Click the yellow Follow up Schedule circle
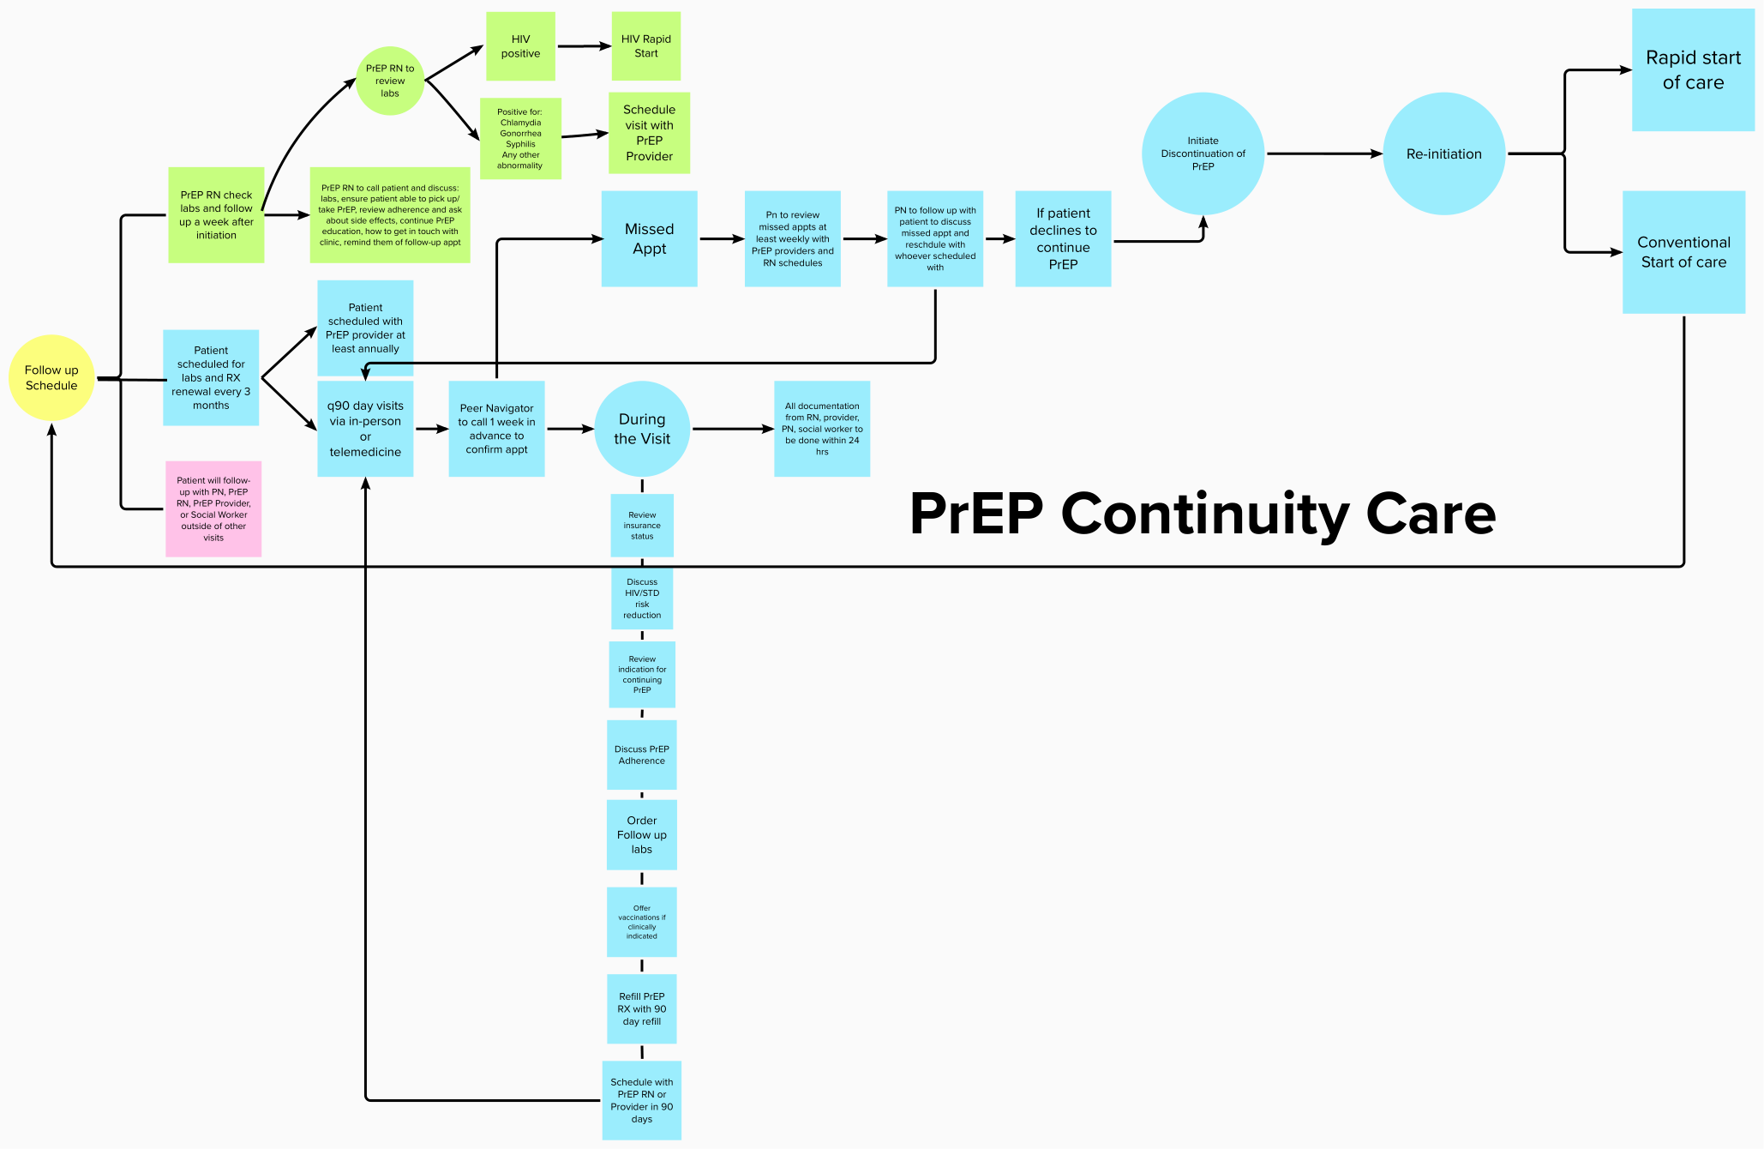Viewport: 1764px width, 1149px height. click(x=51, y=377)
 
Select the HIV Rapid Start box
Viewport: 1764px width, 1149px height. click(x=645, y=46)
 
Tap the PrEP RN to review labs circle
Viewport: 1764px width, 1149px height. click(x=390, y=81)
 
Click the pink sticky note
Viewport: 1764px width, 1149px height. click(x=213, y=508)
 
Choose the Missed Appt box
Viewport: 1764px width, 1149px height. click(x=649, y=238)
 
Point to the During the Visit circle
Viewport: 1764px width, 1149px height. click(x=642, y=429)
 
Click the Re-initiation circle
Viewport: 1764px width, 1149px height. click(x=1443, y=153)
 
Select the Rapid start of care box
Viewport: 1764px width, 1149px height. click(x=1693, y=70)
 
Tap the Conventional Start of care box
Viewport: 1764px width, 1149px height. click(x=1683, y=252)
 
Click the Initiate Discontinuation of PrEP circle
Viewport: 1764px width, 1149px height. click(x=1203, y=153)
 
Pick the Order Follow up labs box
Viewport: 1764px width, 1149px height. click(x=641, y=834)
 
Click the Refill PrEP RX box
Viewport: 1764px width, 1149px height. click(x=641, y=1008)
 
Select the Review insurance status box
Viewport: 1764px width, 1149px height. click(x=642, y=525)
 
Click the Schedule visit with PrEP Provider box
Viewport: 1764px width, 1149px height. click(x=649, y=133)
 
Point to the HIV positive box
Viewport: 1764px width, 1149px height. click(x=520, y=46)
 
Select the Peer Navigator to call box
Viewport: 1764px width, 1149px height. click(x=496, y=429)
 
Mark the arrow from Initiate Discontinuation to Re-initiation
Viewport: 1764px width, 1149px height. click(x=1323, y=153)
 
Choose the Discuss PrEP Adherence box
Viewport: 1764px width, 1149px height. click(x=641, y=755)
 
